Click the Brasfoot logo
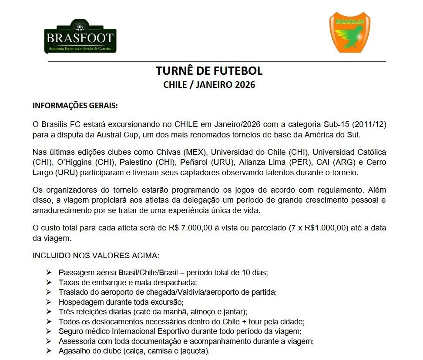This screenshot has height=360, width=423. coord(81,36)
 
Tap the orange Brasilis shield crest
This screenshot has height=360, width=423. coord(349,33)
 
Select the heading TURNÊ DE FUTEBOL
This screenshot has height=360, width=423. coord(209,71)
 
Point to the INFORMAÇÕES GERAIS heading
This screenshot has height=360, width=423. coord(75,106)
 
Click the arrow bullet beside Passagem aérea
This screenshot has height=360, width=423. coord(49,273)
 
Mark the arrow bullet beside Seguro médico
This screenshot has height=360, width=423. coord(49,331)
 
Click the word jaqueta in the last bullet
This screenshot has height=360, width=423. coord(194,351)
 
